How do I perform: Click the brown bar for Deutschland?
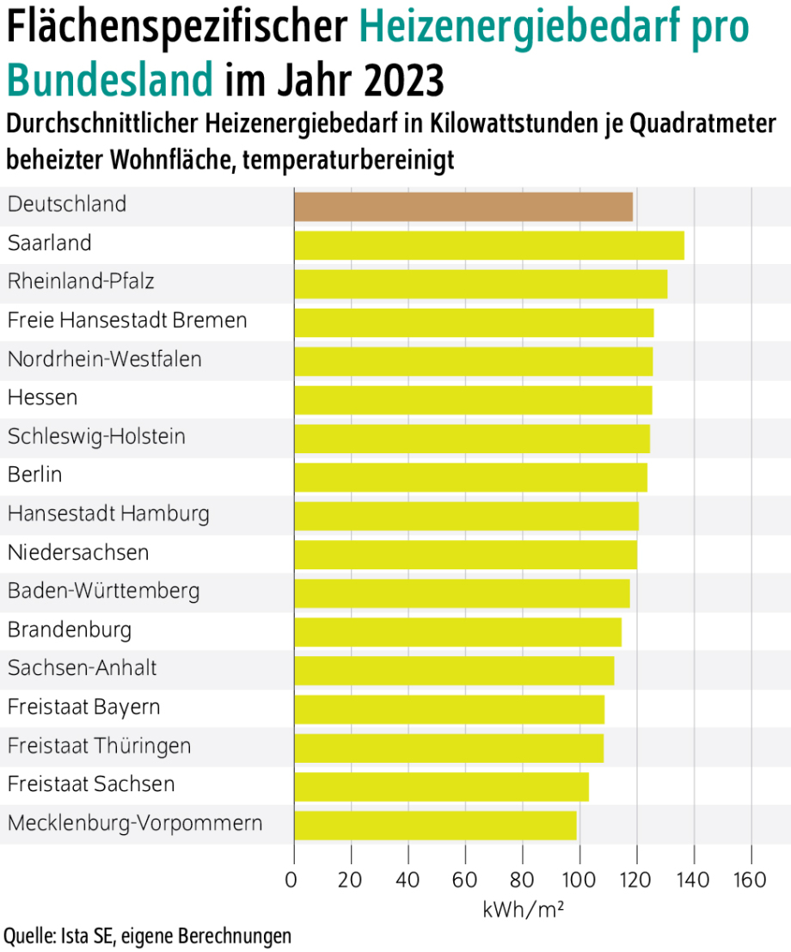[463, 207]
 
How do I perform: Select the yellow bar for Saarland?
[489, 246]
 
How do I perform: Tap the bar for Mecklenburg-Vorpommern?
[435, 826]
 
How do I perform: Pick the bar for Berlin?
[470, 477]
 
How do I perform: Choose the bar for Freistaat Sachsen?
[441, 787]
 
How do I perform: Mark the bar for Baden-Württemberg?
[462, 593]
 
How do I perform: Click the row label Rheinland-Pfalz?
[82, 281]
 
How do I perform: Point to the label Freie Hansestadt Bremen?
[127, 320]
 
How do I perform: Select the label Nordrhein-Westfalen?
[105, 359]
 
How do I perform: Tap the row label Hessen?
[43, 397]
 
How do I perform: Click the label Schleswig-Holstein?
[96, 436]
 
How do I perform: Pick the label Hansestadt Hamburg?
[108, 513]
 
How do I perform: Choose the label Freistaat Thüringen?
[100, 745]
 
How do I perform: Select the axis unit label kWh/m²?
[523, 909]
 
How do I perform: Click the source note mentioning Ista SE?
[147, 936]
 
